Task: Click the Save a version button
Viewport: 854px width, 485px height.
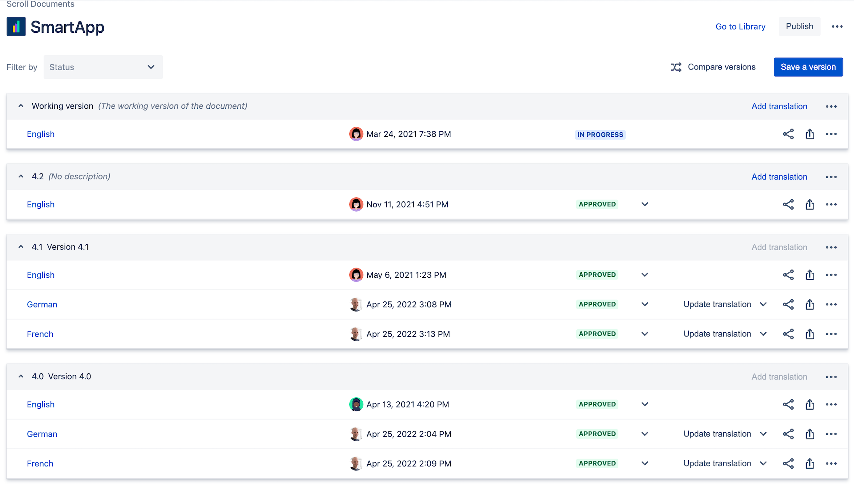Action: tap(808, 67)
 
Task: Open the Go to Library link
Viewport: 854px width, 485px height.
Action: tap(740, 27)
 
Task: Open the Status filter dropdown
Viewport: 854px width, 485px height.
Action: tap(103, 67)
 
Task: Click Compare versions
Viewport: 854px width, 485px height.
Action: tap(713, 67)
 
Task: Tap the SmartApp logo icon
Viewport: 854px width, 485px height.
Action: tap(16, 27)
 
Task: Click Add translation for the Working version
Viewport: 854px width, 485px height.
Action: tap(779, 106)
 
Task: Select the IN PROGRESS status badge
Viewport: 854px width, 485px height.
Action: tap(600, 135)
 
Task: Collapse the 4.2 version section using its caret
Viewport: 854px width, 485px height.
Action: tap(21, 176)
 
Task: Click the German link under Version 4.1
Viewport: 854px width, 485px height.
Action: tap(42, 304)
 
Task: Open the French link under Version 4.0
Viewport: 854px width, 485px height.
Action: tap(40, 464)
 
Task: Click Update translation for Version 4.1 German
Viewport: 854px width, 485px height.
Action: tap(717, 304)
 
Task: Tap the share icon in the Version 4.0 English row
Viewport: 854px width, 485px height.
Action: tap(788, 404)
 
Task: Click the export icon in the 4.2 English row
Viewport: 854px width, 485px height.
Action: tap(810, 204)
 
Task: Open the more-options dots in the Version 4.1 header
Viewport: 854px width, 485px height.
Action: tap(831, 247)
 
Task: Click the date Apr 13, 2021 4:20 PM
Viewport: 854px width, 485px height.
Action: tap(408, 404)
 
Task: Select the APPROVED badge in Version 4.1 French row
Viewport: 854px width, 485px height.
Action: tap(597, 334)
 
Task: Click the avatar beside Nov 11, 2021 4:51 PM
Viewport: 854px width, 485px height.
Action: tap(356, 204)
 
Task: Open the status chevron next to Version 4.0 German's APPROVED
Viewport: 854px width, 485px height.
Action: tap(645, 434)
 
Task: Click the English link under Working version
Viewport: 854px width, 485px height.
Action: tap(41, 134)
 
